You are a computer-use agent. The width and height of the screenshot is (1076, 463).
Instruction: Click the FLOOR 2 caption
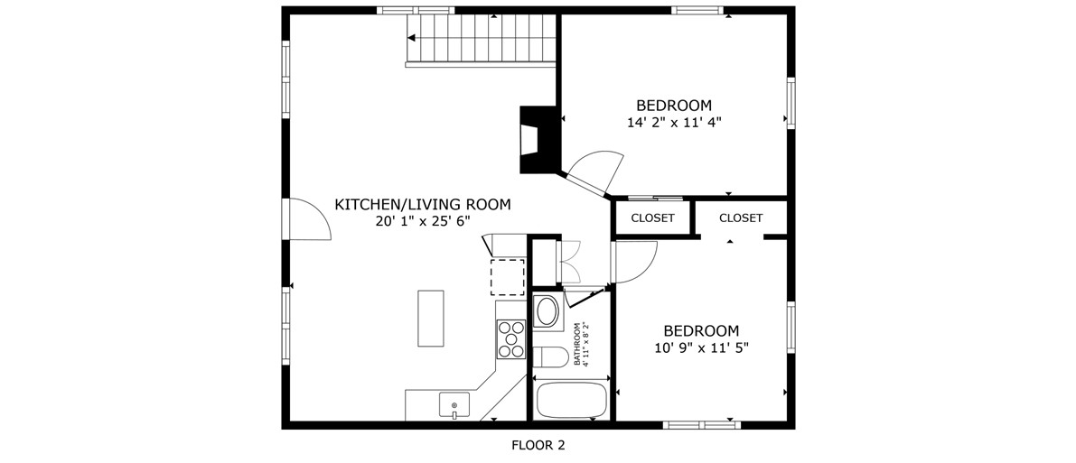[x=538, y=446]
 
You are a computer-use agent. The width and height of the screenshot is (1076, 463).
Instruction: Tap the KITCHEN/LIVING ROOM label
[x=423, y=204]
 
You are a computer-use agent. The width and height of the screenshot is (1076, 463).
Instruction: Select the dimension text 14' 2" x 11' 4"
[x=674, y=123]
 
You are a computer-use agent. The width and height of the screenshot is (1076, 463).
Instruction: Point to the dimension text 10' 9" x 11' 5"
[x=701, y=347]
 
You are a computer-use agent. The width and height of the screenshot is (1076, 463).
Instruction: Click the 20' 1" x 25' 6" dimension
[x=423, y=221]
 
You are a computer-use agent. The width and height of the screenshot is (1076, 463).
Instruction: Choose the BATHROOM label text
[x=578, y=345]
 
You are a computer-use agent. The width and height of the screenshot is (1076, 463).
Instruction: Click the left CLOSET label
[x=652, y=218]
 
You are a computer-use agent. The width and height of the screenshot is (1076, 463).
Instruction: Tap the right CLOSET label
[x=741, y=218]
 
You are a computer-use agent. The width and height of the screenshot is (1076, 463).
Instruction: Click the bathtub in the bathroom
[x=570, y=401]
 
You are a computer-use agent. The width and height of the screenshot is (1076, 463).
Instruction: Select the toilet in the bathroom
[x=550, y=357]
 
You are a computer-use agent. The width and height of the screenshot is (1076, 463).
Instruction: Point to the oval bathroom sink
[x=547, y=311]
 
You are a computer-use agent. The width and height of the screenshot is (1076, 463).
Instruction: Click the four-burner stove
[x=510, y=339]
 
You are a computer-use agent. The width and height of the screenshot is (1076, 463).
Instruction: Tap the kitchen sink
[x=454, y=404]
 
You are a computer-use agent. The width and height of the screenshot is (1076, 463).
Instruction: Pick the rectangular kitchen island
[x=430, y=319]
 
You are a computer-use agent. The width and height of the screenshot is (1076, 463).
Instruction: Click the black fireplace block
[x=538, y=140]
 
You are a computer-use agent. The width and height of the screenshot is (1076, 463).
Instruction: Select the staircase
[x=481, y=40]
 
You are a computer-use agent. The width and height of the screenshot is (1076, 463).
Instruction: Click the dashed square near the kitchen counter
[x=507, y=277]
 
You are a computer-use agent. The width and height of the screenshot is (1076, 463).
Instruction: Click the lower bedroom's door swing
[x=635, y=262]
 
